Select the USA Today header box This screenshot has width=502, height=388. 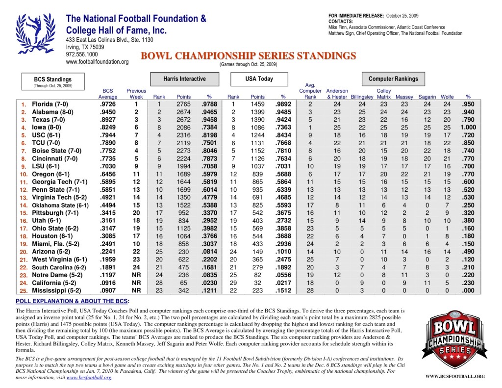pyautogui.click(x=259, y=79)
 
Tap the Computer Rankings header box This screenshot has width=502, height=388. pyautogui.click(x=393, y=79)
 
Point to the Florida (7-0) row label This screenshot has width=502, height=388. pyautogui.click(x=50, y=104)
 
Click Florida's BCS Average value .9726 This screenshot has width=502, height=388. pyautogui.click(x=108, y=104)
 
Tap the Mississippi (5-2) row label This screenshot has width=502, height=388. pyautogui.click(x=57, y=290)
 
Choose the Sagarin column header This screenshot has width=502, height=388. pyautogui.click(x=427, y=97)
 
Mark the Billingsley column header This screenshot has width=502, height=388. pyautogui.click(x=362, y=97)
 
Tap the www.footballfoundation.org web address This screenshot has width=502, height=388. pyautogui.click(x=97, y=62)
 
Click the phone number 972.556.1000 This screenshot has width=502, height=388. pyautogui.click(x=82, y=54)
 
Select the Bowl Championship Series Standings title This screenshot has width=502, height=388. pyautogui.click(x=248, y=56)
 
